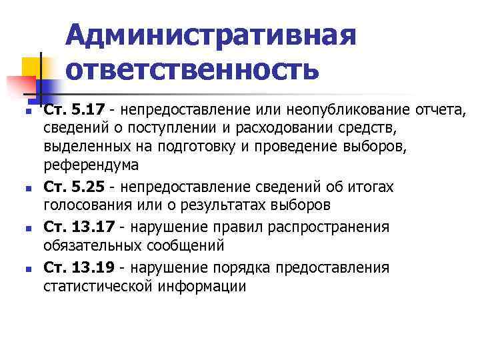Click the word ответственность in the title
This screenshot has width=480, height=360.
coord(193,69)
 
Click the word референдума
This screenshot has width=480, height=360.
coord(91,165)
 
